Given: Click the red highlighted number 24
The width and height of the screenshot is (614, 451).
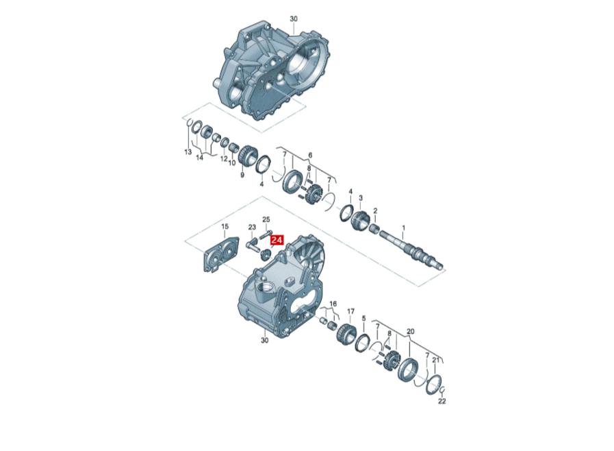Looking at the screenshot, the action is [x=277, y=240].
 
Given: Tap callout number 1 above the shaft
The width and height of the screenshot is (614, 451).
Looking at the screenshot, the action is [x=404, y=228].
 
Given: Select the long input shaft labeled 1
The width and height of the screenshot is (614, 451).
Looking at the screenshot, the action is [x=412, y=249].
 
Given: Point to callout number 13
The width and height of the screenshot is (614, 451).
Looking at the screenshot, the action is [x=188, y=151].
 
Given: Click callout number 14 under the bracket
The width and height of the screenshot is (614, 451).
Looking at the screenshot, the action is [x=200, y=158].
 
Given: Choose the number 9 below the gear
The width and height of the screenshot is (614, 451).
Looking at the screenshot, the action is [x=242, y=175].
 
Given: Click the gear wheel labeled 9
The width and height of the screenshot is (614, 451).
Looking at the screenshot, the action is [x=246, y=156].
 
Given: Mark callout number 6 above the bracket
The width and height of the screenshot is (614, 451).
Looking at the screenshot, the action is [x=310, y=156].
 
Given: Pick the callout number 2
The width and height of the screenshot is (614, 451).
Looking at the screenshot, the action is [x=375, y=211].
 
